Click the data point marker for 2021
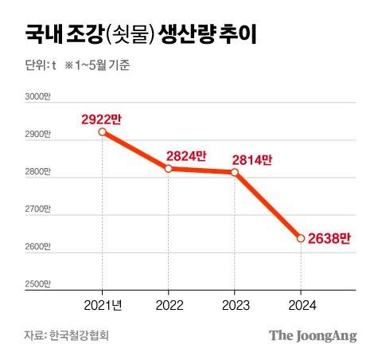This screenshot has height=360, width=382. click(x=102, y=132)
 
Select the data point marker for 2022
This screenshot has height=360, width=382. click(x=168, y=168)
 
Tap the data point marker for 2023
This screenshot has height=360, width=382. click(x=234, y=171)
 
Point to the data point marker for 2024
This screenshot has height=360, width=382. click(x=301, y=237)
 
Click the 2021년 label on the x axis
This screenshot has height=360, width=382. click(x=102, y=305)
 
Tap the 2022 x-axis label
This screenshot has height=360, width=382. click(x=168, y=305)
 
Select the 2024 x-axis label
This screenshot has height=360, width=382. click(x=301, y=305)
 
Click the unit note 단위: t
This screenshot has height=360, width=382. click(x=40, y=65)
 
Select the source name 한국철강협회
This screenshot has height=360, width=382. click(x=80, y=335)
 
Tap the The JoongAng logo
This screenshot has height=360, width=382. click(x=312, y=335)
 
